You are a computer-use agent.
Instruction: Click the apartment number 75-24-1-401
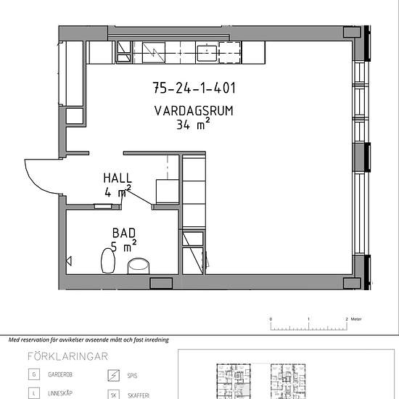coord(194,88)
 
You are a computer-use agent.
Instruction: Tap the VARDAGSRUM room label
coord(194,111)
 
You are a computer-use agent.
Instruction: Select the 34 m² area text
coord(193,124)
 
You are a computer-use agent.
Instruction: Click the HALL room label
coord(118,178)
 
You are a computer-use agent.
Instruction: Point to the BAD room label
coord(124,233)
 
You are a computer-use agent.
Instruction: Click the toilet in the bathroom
coord(108,260)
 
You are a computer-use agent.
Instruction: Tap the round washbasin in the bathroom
coord(139,266)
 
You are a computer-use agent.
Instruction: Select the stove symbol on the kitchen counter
coord(154,53)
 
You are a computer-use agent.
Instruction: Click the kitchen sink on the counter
coord(207,53)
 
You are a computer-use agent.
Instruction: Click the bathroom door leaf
coord(139,197)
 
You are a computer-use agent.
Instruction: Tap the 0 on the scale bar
coord(271,319)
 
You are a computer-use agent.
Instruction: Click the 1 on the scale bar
coord(308,319)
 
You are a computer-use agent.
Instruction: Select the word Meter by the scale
coord(356,319)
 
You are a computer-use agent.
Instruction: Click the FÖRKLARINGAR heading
coord(67,356)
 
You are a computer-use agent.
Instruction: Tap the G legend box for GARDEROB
coord(34,374)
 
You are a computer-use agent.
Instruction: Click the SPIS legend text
coord(132,376)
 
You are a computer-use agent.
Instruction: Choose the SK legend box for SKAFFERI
coord(113,395)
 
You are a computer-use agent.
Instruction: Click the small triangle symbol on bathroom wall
coord(69,261)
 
